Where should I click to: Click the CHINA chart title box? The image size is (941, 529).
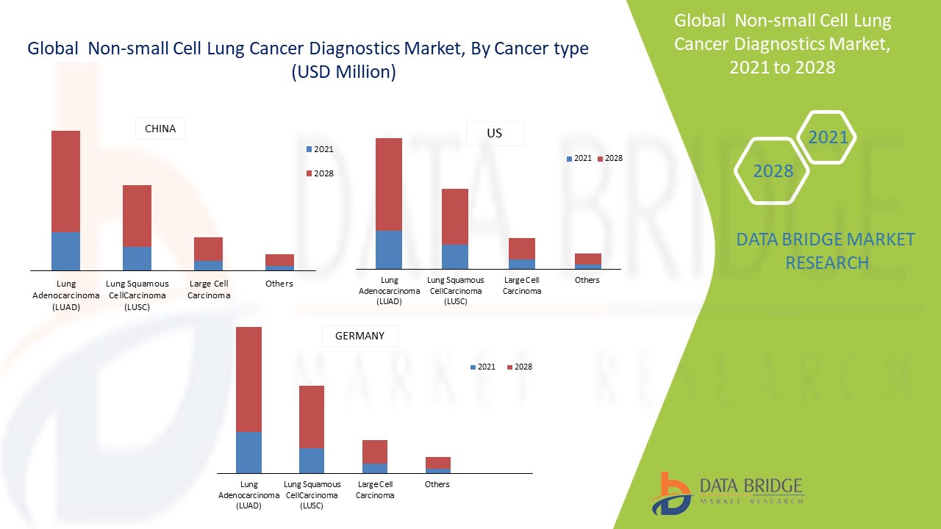click(160, 129)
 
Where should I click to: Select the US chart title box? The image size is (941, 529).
click(495, 134)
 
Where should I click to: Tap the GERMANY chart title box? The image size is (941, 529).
click(359, 336)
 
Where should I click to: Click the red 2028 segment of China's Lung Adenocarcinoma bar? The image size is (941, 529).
click(65, 181)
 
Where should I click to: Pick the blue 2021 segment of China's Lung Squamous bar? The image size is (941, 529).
click(137, 258)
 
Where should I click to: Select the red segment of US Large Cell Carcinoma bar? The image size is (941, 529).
click(522, 248)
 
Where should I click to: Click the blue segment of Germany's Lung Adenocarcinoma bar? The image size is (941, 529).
click(248, 452)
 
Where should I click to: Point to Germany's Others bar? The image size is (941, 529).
click(438, 464)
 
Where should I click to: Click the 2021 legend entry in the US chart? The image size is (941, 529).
click(579, 158)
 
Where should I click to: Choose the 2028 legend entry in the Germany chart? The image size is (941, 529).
click(520, 367)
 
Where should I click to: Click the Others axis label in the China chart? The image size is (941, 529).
click(279, 284)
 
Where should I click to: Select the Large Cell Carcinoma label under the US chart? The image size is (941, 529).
click(522, 285)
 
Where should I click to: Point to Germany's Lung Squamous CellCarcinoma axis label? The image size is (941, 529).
click(312, 489)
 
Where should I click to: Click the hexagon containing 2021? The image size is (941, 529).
click(827, 137)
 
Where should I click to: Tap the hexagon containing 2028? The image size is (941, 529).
click(773, 171)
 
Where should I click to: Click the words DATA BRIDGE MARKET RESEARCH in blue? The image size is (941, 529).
click(826, 251)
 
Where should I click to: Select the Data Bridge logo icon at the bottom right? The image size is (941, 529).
click(671, 493)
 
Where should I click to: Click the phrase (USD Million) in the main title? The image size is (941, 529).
click(343, 72)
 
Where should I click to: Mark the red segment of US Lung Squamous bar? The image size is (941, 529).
click(454, 217)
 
